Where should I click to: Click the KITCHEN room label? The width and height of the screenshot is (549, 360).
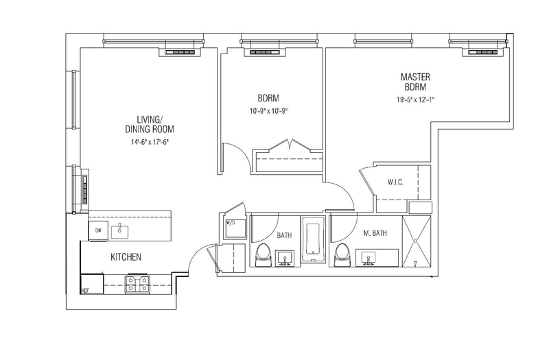tap(126, 257)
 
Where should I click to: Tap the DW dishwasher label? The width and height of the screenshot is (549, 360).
tap(98, 230)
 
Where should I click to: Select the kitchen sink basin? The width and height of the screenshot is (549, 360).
tap(119, 232)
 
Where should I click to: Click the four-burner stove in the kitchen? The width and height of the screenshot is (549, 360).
tap(137, 284)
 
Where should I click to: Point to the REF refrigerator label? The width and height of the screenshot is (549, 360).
tap(84, 290)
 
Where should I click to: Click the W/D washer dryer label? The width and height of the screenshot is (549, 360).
tap(231, 222)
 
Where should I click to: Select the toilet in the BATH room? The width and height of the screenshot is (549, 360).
tap(263, 254)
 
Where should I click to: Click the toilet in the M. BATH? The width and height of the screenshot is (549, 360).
tap(342, 254)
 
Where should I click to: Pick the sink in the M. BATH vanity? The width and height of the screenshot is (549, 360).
tap(369, 259)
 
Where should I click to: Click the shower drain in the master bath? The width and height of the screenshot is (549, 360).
tap(416, 241)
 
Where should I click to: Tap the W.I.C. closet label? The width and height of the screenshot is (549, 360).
tap(395, 182)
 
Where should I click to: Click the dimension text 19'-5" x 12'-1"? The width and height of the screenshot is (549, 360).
tap(415, 99)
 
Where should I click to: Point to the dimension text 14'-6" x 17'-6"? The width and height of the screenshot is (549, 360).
tap(150, 142)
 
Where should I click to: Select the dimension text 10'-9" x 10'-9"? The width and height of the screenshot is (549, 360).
tap(268, 111)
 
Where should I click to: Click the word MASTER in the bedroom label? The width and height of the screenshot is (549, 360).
tap(415, 77)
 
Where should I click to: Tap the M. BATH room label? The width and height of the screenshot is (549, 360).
tap(375, 233)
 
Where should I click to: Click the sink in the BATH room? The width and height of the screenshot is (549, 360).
tap(285, 259)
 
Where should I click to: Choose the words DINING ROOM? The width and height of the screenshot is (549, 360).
tap(150, 129)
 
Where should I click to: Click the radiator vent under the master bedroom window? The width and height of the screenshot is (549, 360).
tap(483, 53)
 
